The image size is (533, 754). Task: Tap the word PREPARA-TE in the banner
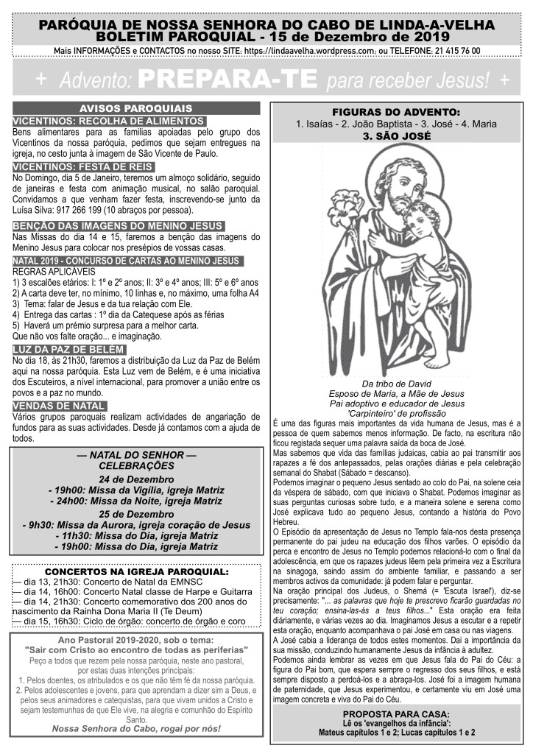[228, 77]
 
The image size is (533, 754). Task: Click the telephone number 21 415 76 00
[454, 51]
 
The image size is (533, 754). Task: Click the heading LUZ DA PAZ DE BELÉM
[69, 348]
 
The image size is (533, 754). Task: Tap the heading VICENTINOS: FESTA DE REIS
[81, 167]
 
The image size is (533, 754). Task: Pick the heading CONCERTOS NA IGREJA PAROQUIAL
[137, 571]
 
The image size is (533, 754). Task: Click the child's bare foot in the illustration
[435, 360]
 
